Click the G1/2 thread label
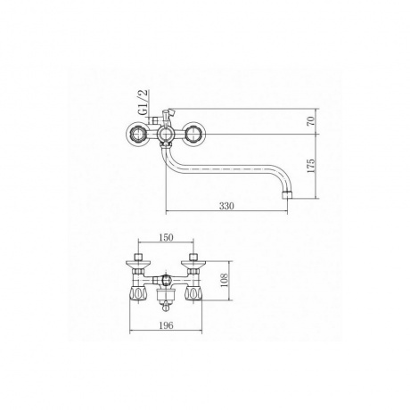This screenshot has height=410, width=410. point(143,102)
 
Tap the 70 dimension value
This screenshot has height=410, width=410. point(310,121)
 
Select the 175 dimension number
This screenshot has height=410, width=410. point(310,166)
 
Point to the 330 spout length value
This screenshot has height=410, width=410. point(226,206)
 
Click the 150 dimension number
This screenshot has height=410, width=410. point(166,237)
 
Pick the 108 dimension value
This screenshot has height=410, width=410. point(225,280)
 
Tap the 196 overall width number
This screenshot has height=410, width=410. point(166,325)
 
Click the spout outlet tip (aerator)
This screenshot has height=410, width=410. point(287,195)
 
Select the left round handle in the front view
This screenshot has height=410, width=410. point(137,134)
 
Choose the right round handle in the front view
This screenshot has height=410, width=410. point(194,134)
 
